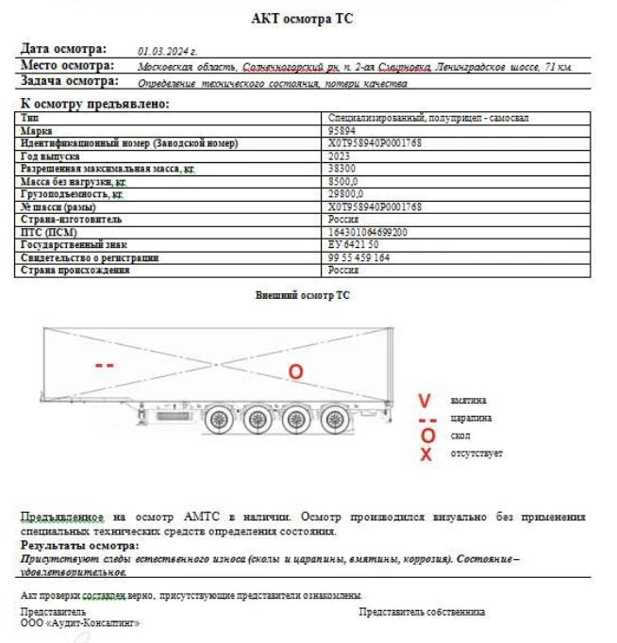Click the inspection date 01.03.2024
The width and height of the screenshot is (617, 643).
tap(168, 51)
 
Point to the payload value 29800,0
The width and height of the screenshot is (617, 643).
tap(343, 193)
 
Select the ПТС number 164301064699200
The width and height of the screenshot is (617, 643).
tap(368, 231)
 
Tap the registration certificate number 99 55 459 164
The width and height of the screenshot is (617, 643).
tap(359, 256)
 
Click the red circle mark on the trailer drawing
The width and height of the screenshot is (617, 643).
tap(295, 372)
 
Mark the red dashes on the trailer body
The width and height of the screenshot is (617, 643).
tap(106, 365)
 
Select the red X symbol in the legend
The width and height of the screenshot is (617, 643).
tap(426, 454)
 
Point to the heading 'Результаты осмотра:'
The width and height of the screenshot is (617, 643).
tap(79, 546)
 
